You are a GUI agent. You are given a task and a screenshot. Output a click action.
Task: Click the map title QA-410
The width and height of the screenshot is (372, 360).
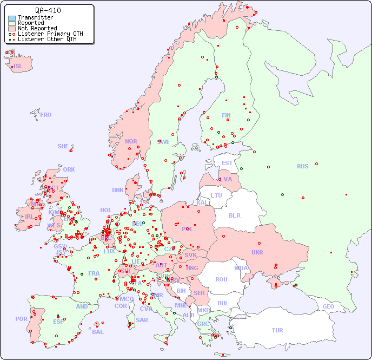[x=48, y=10]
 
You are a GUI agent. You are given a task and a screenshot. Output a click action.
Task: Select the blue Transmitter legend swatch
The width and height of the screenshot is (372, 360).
[x=12, y=18]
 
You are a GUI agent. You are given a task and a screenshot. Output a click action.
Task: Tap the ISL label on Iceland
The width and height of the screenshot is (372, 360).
[x=18, y=67]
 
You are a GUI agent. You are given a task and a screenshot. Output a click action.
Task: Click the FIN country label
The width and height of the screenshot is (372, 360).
[x=226, y=115]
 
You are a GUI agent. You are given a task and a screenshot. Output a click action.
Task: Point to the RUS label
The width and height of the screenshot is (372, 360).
[x=302, y=166]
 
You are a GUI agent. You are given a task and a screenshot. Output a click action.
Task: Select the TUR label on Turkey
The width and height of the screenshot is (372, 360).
[x=277, y=330]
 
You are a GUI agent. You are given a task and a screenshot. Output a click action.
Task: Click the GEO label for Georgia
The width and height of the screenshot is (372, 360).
[x=328, y=306]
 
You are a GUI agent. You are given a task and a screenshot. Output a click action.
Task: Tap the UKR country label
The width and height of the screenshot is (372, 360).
[x=257, y=252]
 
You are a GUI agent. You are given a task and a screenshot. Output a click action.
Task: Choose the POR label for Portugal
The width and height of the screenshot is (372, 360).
[x=21, y=319]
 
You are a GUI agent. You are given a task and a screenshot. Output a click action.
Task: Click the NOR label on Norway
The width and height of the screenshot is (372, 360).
[x=131, y=141]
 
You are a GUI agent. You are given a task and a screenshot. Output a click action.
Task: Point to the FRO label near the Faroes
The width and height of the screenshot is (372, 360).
[x=45, y=115]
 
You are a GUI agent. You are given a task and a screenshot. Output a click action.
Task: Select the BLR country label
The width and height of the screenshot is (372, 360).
[x=234, y=215]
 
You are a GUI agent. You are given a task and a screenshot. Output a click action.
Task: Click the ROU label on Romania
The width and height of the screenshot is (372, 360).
[x=221, y=279]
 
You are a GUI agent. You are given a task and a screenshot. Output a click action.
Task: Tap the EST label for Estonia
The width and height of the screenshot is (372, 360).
[x=227, y=163]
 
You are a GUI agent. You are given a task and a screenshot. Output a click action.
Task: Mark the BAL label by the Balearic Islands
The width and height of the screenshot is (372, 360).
[x=97, y=332]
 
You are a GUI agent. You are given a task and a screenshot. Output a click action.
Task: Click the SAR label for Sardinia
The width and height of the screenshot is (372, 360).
[x=142, y=319]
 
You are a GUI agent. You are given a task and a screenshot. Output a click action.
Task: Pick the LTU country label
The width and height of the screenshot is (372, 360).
[x=216, y=195]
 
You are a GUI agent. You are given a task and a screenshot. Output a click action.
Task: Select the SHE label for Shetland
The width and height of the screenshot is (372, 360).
[x=63, y=146]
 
